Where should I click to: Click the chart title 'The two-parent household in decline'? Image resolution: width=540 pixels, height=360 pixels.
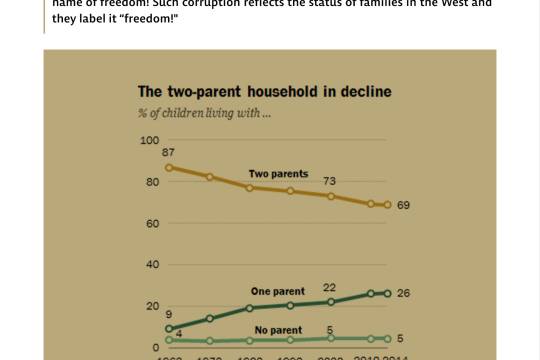264,92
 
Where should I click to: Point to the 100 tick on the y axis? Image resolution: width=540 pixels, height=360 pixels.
149,140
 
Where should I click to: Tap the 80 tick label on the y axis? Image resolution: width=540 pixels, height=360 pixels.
152,182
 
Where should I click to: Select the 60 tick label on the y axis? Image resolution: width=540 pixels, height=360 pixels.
152,223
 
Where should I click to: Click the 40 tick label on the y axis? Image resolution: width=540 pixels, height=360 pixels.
152,265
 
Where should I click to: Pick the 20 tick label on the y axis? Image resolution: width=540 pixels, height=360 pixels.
152,306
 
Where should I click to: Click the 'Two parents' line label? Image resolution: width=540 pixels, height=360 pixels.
278,174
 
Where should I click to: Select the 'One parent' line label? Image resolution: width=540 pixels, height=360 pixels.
277,291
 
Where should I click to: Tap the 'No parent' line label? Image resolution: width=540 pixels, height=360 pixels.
279,329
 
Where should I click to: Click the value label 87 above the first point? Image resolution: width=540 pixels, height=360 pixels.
169,152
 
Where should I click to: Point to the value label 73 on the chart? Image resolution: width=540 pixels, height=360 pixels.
329,181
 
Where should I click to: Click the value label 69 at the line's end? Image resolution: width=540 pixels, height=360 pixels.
404,205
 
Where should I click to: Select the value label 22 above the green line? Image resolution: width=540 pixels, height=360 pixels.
329,287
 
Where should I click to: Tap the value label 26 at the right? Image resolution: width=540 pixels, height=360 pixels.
404,294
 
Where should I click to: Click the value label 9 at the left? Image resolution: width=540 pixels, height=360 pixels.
169,315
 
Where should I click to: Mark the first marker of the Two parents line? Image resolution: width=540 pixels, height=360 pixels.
168,167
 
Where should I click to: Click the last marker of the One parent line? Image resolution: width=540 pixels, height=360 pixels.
387,293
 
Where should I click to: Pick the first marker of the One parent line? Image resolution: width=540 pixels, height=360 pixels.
168,329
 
